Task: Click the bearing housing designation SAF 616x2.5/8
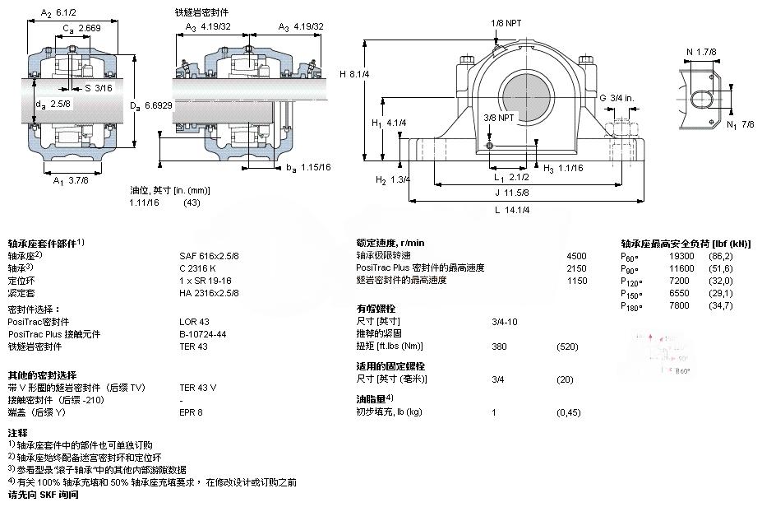coord(209,256)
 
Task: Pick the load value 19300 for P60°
coord(678,256)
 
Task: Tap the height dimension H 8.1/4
coord(355,74)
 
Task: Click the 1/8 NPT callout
coord(506,23)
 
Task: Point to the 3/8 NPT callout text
coord(501,118)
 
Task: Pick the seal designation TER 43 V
coord(197,387)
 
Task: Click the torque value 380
coord(499,346)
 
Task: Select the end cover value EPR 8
coord(191,412)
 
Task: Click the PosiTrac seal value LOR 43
coord(194,321)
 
